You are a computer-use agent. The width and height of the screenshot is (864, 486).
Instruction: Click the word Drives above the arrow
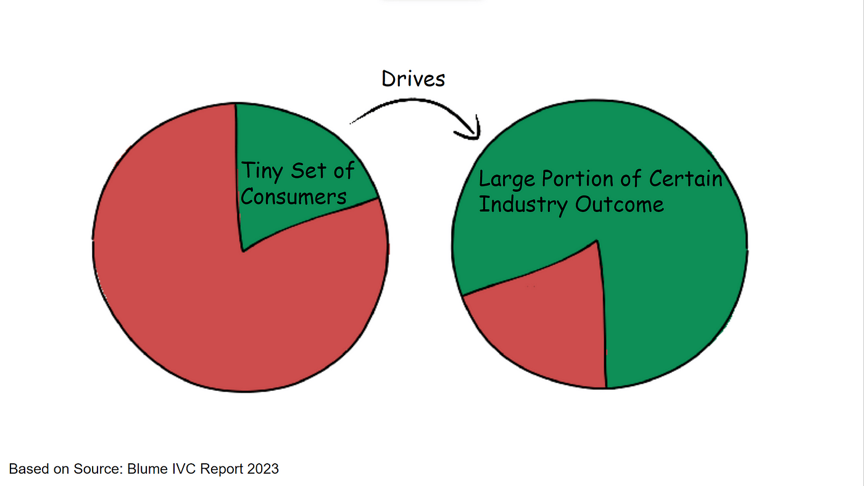point(413,79)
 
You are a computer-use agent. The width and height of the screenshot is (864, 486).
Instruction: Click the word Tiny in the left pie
point(261,171)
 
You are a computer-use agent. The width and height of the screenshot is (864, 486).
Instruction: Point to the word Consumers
point(293,197)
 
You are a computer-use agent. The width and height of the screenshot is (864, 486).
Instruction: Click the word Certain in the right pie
point(685,178)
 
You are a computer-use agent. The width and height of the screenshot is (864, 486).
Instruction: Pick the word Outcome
point(619,204)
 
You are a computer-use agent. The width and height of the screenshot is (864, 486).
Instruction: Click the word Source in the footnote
point(100,469)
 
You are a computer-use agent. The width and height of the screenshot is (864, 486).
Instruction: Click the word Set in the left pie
point(309,171)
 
